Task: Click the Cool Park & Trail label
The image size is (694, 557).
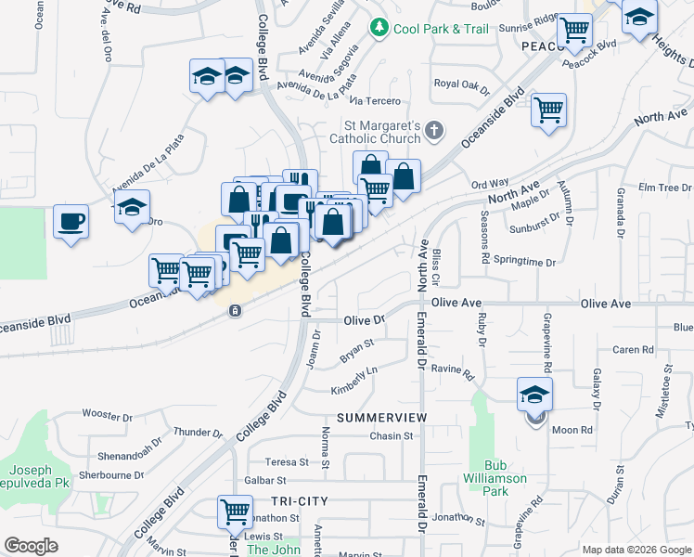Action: (441, 29)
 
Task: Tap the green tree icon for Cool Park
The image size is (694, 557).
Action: (379, 29)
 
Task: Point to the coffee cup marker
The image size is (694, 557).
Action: (71, 222)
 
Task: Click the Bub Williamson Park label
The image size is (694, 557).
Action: (506, 478)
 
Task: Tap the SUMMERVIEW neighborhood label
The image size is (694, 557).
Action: (381, 418)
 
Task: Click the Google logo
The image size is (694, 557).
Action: (31, 546)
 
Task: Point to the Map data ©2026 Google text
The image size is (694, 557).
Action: (636, 550)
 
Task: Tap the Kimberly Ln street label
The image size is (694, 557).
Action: (355, 380)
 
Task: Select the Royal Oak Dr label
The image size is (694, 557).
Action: (461, 85)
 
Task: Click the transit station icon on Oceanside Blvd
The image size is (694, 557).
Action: (236, 311)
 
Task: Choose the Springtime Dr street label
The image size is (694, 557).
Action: (524, 261)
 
